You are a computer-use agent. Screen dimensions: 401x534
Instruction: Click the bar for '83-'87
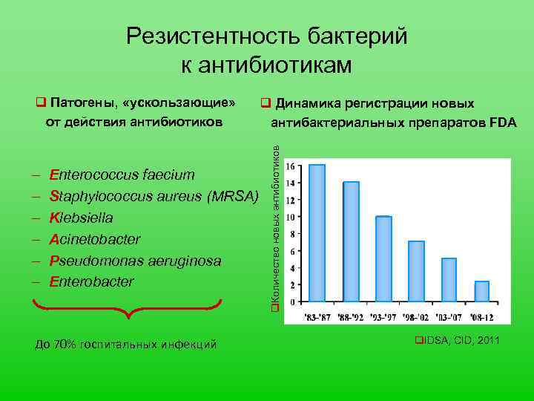(317, 233)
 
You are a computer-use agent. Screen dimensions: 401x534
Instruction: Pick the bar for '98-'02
(416, 271)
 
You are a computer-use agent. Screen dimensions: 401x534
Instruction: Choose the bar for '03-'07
(449, 279)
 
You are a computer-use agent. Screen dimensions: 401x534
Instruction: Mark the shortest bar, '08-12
(482, 291)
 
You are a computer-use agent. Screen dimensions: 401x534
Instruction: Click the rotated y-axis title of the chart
(274, 227)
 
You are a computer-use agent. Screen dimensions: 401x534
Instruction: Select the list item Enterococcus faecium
(122, 175)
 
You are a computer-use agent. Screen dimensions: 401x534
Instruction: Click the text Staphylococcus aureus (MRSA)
(154, 196)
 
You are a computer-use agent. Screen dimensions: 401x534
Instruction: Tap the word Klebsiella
(81, 218)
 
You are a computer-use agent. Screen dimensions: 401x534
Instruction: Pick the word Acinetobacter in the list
(94, 239)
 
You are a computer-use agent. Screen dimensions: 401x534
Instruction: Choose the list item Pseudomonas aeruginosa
(135, 261)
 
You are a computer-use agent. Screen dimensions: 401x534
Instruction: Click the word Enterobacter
(91, 282)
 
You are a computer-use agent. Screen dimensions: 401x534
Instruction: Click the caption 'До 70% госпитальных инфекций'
(126, 344)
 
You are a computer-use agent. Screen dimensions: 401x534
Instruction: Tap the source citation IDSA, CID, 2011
(456, 340)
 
